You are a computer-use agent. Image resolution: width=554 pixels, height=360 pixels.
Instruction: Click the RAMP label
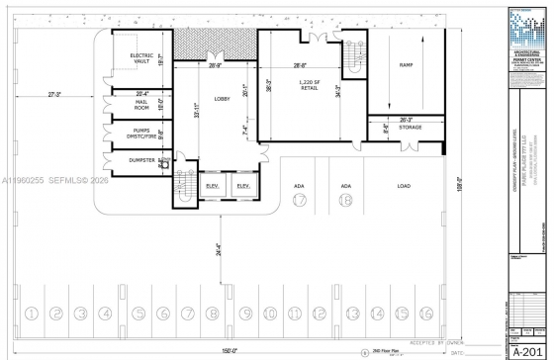pyautogui.click(x=406, y=65)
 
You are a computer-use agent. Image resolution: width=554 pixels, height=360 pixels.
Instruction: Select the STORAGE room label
pyautogui.click(x=411, y=128)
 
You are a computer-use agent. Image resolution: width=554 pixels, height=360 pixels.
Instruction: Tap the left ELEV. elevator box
pyautogui.click(x=212, y=187)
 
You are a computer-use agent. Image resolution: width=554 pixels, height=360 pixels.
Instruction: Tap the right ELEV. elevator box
pyautogui.click(x=243, y=187)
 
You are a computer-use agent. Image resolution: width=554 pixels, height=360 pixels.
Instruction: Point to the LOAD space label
pyautogui.click(x=404, y=186)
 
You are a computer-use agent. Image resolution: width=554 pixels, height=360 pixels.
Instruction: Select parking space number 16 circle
pyautogui.click(x=426, y=314)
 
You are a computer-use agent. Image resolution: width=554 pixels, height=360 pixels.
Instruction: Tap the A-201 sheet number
pyautogui.click(x=528, y=350)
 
